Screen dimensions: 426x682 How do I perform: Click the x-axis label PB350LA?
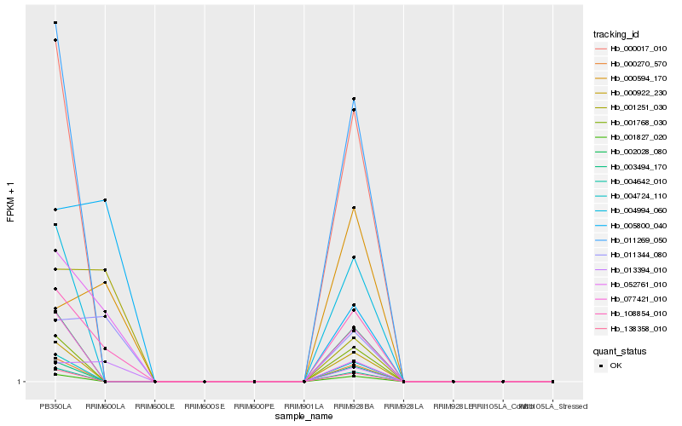(x=55, y=406)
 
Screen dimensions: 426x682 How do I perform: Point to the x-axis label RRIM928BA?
(x=354, y=406)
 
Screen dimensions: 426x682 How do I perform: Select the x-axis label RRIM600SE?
(x=205, y=406)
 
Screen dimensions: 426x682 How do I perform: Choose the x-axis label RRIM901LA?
(x=304, y=406)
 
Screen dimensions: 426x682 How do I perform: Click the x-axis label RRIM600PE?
(x=254, y=406)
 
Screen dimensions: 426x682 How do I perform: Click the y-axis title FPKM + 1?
(x=11, y=202)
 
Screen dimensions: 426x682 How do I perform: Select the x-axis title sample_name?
(x=303, y=417)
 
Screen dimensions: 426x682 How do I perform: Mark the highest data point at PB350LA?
(x=55, y=23)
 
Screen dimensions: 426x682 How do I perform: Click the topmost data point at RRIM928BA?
(x=354, y=99)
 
